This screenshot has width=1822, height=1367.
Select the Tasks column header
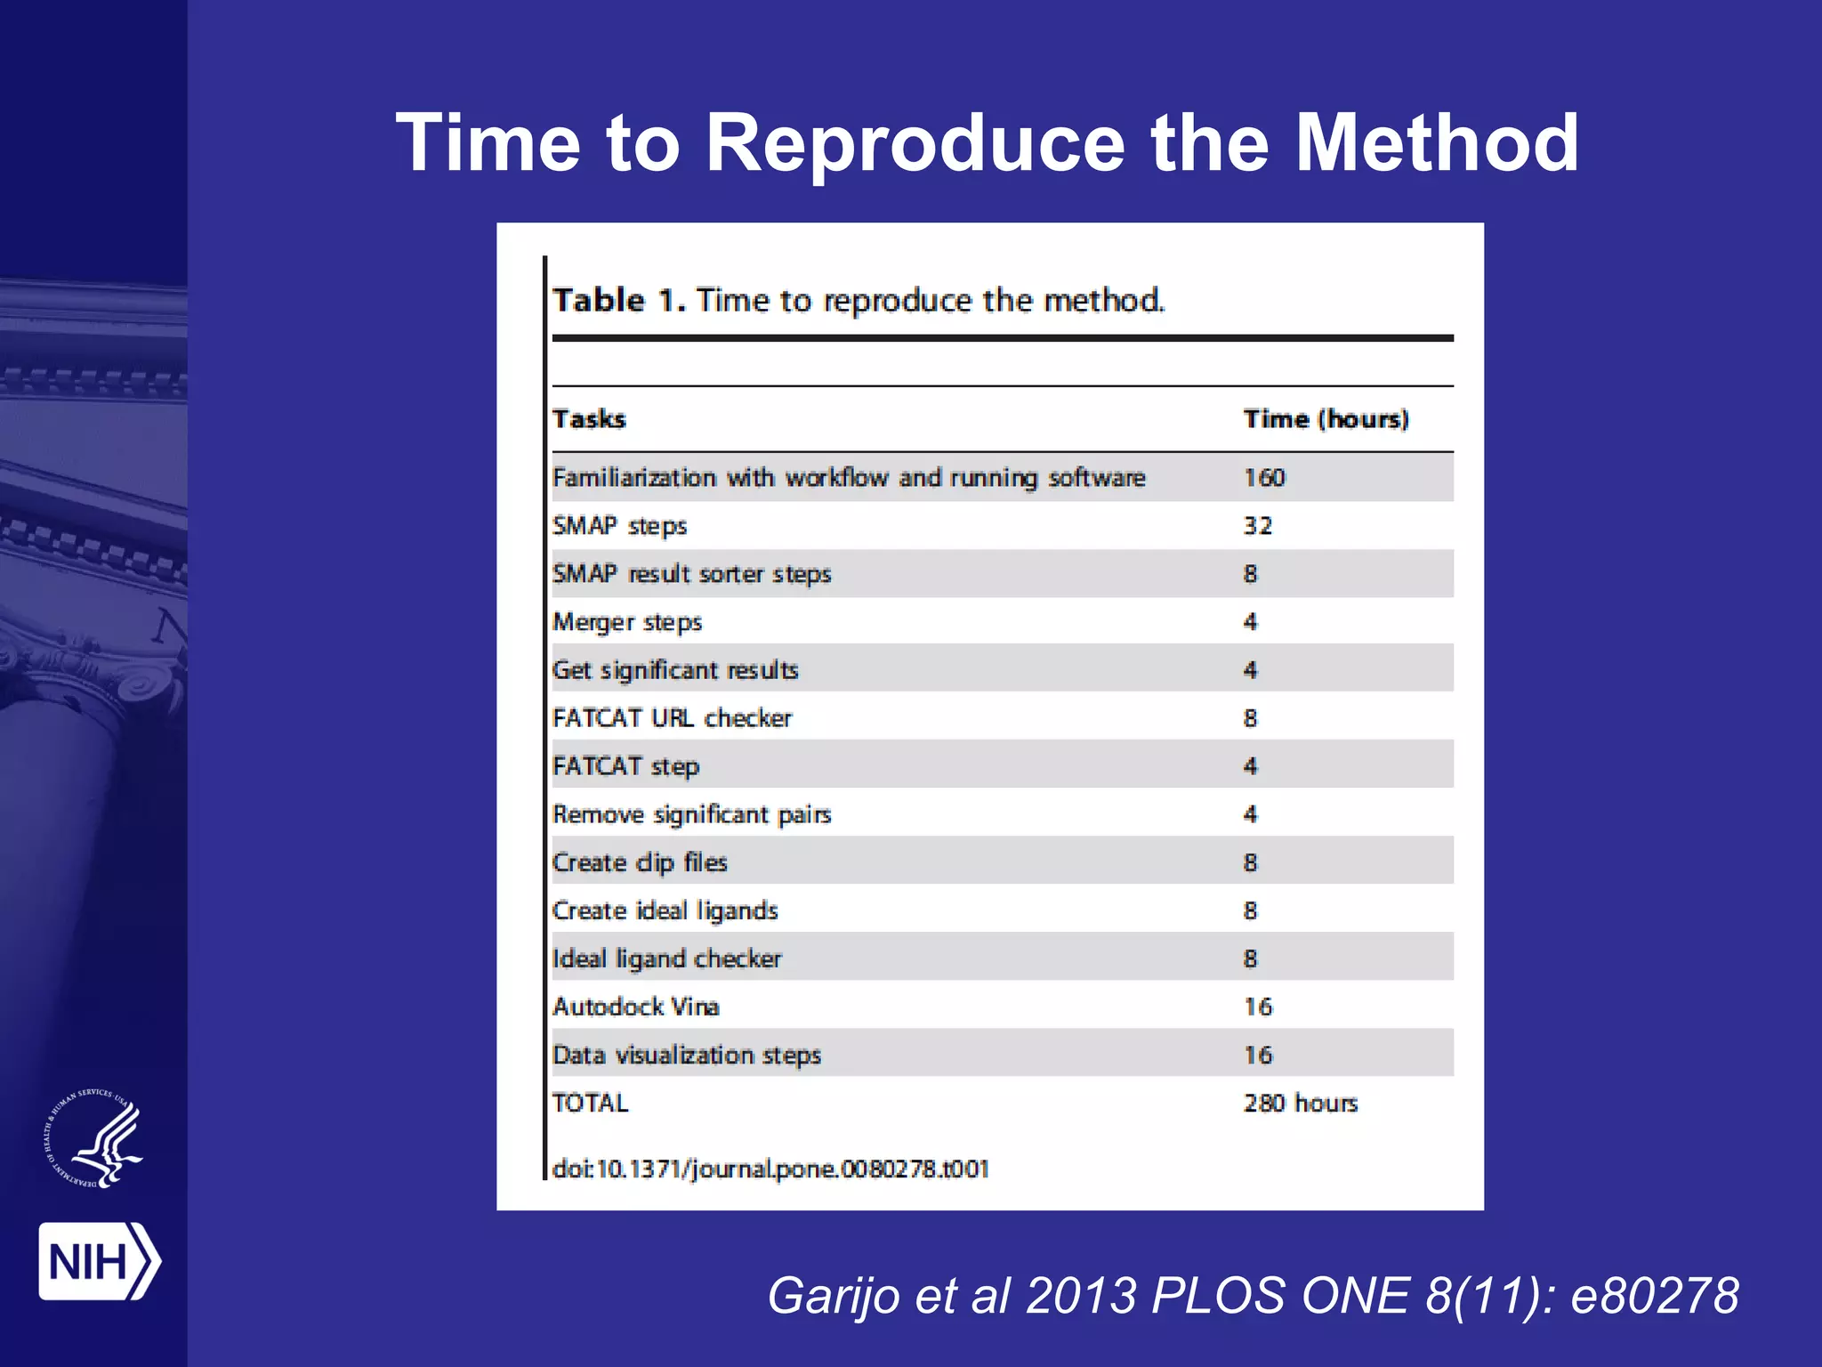[589, 419]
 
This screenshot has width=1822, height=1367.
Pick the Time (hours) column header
[1326, 419]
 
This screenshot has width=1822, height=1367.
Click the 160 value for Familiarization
[1264, 478]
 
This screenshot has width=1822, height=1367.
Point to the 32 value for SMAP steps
[1258, 526]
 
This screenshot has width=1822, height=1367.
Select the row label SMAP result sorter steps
[691, 574]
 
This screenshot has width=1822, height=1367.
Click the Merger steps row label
[627, 622]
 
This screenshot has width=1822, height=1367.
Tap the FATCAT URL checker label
[672, 718]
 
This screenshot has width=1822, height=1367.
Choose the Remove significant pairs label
[691, 814]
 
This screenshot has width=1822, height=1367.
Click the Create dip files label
[640, 862]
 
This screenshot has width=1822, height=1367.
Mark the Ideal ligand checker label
[666, 959]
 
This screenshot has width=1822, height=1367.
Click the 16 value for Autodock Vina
[1258, 1007]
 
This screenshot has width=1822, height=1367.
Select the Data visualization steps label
[686, 1055]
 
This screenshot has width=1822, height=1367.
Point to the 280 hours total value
[1300, 1103]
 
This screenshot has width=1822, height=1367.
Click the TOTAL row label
[590, 1103]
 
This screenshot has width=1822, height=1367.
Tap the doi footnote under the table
[770, 1169]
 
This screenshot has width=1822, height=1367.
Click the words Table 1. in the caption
[619, 301]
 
